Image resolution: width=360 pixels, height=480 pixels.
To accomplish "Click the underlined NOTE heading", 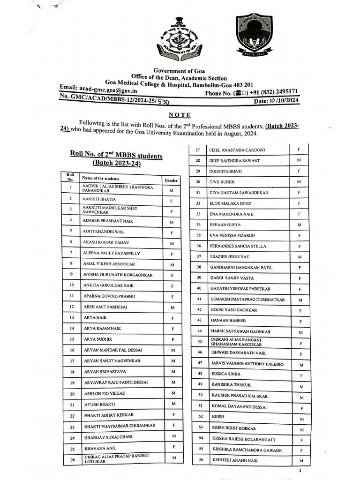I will tap(180, 115).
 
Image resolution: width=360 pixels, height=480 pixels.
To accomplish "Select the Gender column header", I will tap(171, 180).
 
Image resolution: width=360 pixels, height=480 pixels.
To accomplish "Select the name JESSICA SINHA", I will tap(225, 374).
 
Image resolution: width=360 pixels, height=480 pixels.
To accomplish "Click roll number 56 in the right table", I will tap(201, 460).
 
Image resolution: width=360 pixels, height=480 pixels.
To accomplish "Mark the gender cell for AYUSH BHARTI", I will tap(173, 404).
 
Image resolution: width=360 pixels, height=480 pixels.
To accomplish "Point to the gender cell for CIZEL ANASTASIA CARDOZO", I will tap(299, 150).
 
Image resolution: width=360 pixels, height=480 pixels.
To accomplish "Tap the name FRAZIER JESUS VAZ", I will tap(230, 257).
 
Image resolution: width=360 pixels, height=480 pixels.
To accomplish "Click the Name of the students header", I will tap(100, 179).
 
